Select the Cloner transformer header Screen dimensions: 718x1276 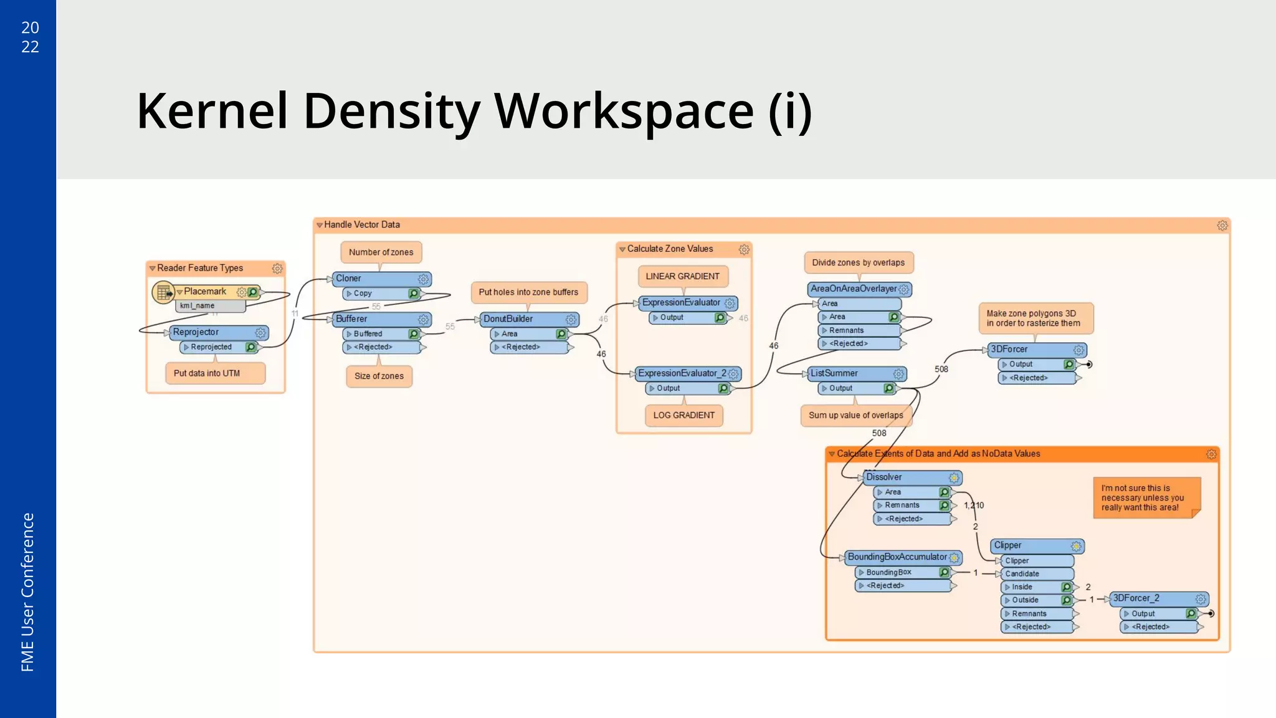(374, 279)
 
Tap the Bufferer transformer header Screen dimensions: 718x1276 (374, 319)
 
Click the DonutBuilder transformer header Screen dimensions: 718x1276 (520, 319)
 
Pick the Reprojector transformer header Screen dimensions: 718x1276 (209, 332)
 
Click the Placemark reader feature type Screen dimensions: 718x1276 (206, 292)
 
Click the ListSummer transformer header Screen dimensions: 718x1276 (847, 373)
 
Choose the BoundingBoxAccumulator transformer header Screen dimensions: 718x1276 (897, 557)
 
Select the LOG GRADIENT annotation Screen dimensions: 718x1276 (683, 415)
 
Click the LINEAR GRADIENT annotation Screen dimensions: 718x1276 (682, 276)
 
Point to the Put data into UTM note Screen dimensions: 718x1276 (207, 373)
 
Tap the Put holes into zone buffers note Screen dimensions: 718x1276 (528, 292)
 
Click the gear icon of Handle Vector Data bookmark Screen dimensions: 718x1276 (1222, 226)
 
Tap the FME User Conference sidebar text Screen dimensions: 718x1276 (27, 592)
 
